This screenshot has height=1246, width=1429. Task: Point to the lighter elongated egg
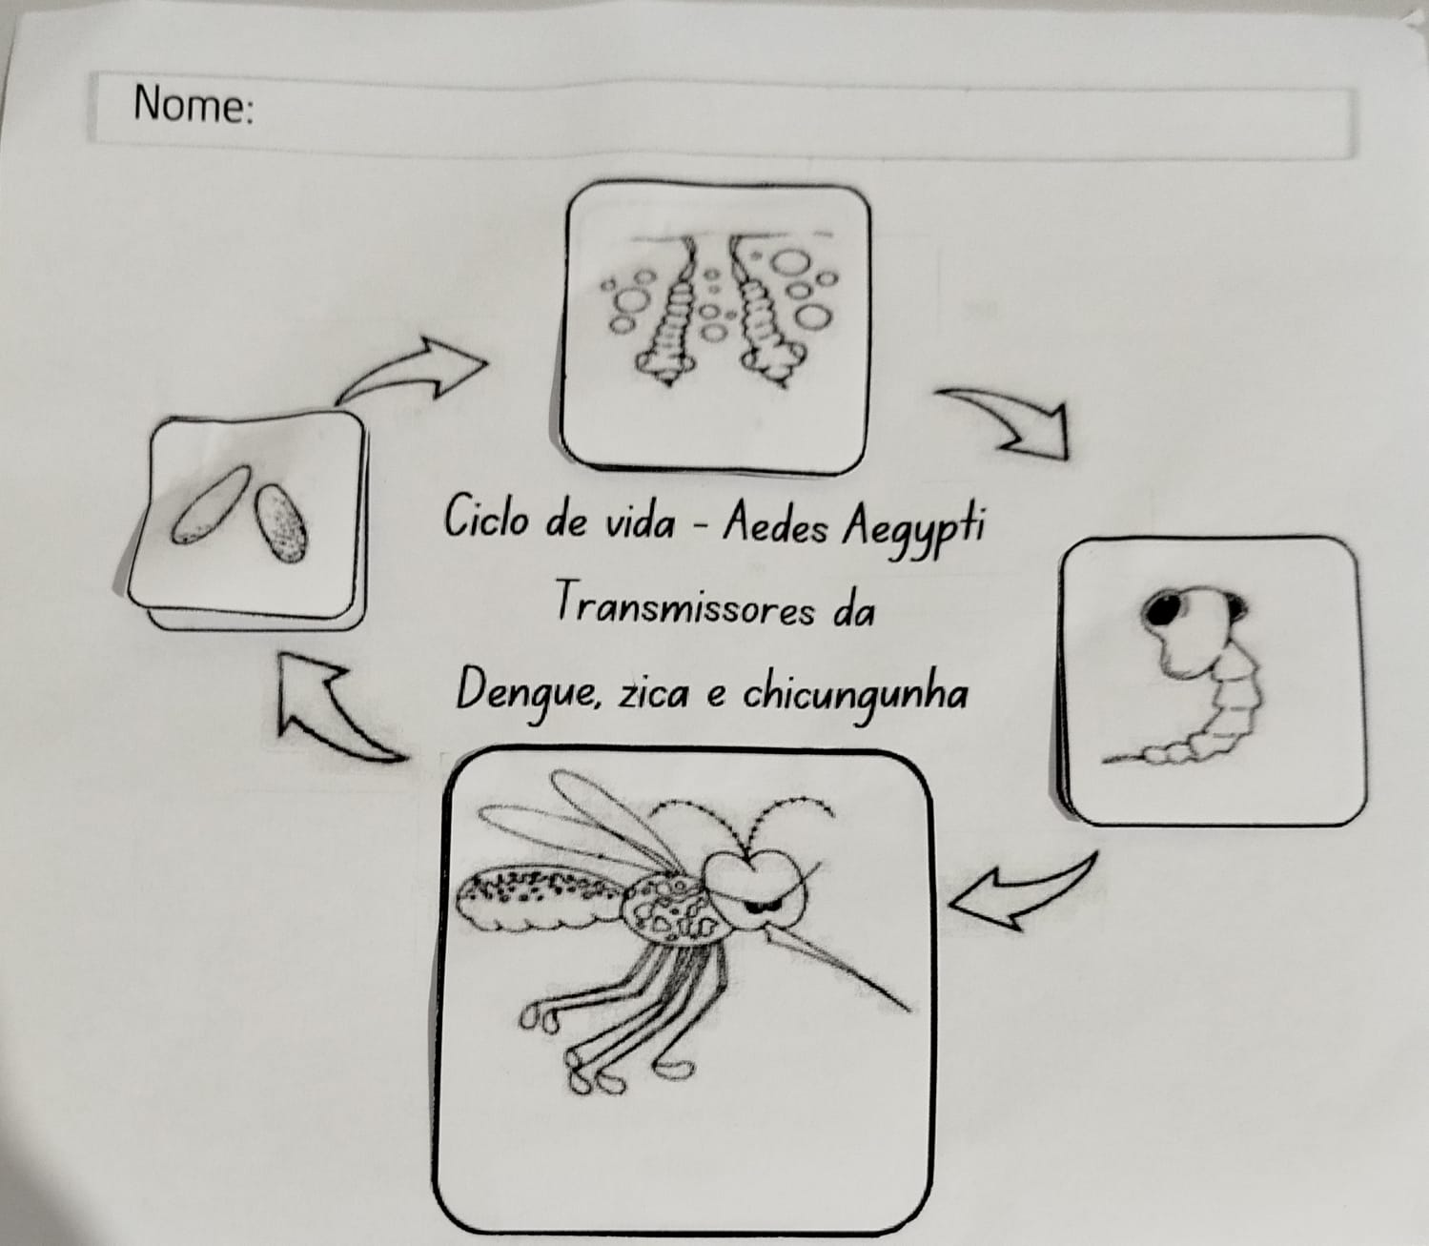coord(211,504)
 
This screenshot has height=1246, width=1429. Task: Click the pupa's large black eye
coord(1159,610)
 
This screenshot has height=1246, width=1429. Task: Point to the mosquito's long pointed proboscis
coord(838,964)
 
